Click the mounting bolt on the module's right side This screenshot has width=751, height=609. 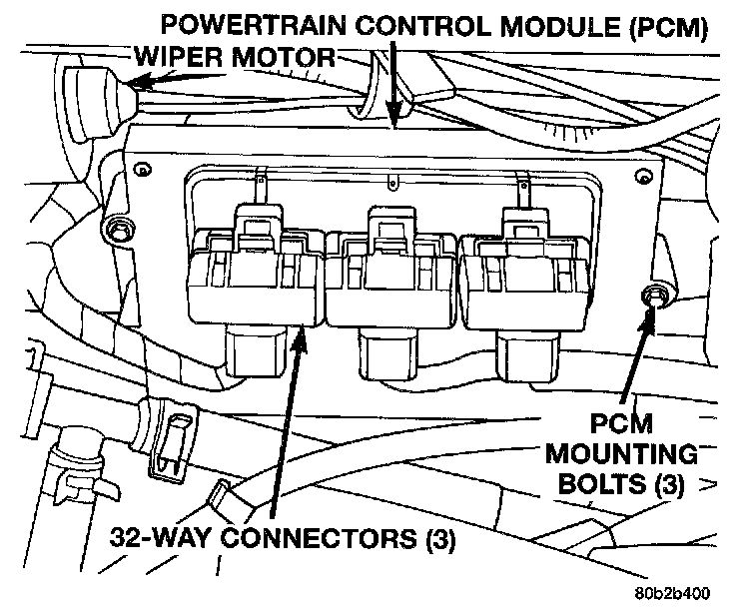pyautogui.click(x=655, y=296)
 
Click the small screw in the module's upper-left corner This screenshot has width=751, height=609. pyautogui.click(x=143, y=172)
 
